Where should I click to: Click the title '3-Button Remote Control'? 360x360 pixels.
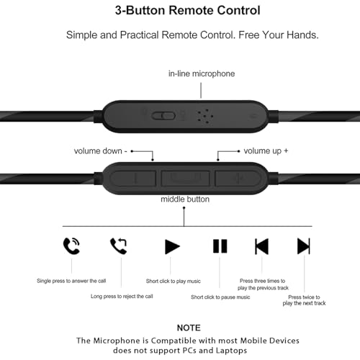click(187, 10)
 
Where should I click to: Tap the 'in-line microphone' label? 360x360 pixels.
click(202, 73)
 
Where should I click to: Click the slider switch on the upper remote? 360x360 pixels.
click(163, 116)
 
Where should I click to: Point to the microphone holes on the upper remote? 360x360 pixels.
click(204, 117)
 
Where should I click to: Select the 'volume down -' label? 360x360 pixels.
click(101, 151)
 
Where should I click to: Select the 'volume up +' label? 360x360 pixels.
click(266, 151)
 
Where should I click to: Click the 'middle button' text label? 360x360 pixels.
click(185, 199)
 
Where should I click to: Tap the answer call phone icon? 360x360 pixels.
click(71, 246)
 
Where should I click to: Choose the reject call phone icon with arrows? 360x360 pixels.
click(119, 246)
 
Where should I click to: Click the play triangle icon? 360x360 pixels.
click(172, 246)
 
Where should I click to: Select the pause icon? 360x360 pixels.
click(220, 246)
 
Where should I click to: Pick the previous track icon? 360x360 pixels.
click(261, 246)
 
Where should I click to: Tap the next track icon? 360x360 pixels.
click(304, 246)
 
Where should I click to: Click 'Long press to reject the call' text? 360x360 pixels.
click(122, 297)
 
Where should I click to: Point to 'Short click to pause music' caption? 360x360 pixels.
click(220, 297)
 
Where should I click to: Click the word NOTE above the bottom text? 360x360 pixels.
click(189, 328)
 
